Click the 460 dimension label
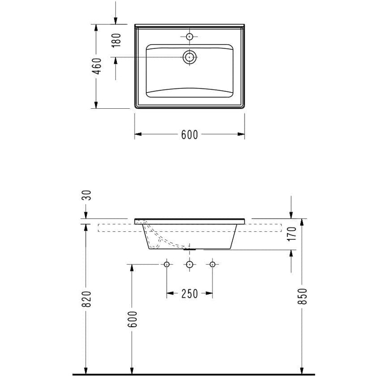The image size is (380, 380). (x=97, y=66)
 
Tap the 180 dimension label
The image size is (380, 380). (x=116, y=40)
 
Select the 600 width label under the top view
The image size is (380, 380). (x=190, y=135)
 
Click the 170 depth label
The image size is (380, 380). (x=292, y=234)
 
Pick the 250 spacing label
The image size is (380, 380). (x=190, y=294)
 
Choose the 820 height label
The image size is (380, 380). (x=86, y=299)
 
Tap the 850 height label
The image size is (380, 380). (x=303, y=296)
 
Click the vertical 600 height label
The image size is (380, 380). (x=133, y=319)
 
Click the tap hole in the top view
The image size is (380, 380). (x=189, y=37)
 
